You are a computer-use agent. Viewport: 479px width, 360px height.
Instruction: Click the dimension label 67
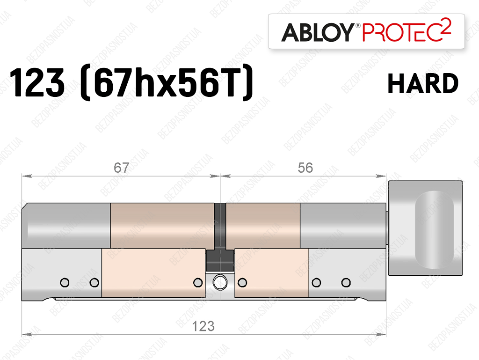point(121,168)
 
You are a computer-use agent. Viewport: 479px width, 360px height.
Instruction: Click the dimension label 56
point(305,168)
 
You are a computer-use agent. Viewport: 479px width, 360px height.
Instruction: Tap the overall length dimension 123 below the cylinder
point(203,326)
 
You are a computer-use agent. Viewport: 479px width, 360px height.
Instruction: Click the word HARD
point(423,83)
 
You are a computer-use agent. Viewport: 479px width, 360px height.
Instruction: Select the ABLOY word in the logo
point(318,32)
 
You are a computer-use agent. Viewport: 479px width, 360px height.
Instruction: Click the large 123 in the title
point(37,82)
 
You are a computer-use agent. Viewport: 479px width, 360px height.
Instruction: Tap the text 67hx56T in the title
point(167,82)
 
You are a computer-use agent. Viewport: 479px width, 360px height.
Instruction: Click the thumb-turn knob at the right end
point(425,228)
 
